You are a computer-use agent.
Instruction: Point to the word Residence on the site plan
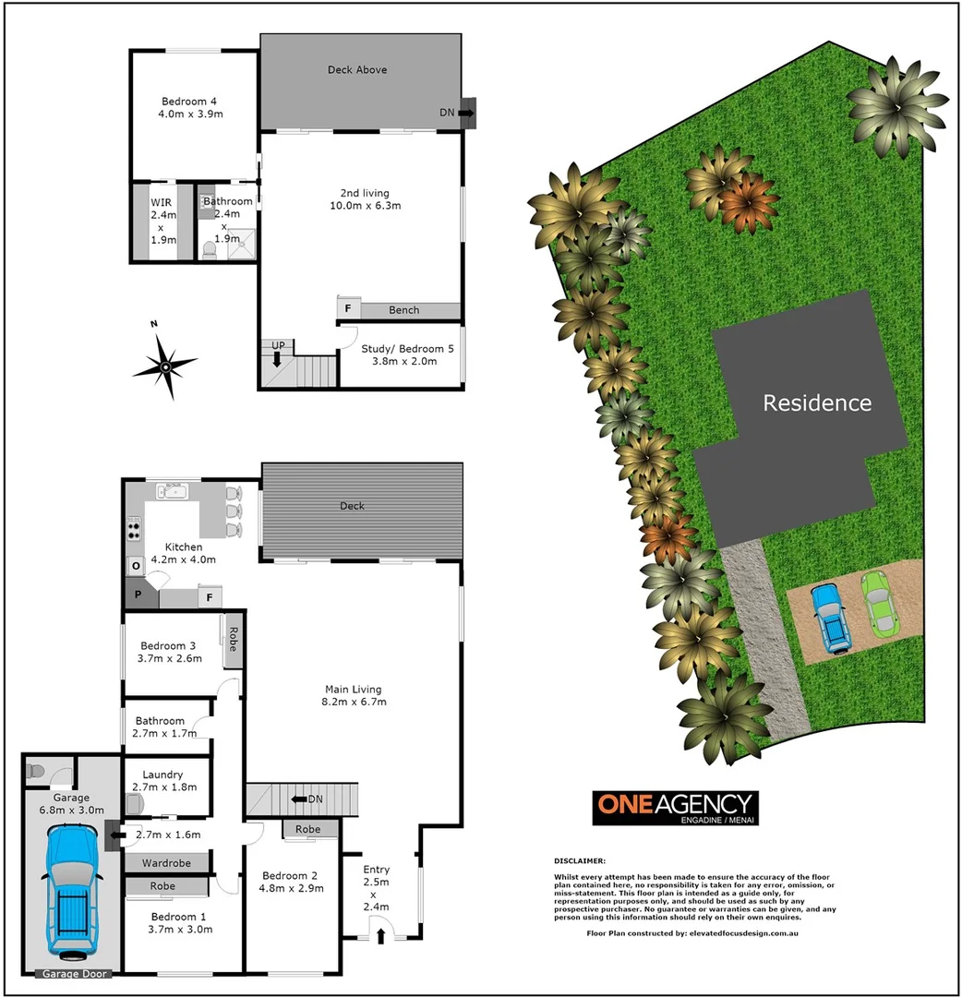[x=816, y=403]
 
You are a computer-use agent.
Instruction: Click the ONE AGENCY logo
[x=674, y=807]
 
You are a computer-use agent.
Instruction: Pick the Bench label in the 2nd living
[x=403, y=310]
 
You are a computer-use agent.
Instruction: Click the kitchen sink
[x=173, y=491]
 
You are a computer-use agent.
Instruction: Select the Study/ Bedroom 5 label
[x=399, y=354]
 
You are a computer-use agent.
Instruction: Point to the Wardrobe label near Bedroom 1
[x=165, y=863]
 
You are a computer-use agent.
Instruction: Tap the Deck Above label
[x=357, y=70]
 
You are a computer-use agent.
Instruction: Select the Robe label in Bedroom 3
[x=232, y=639]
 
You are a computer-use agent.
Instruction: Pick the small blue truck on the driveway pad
[x=834, y=619]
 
